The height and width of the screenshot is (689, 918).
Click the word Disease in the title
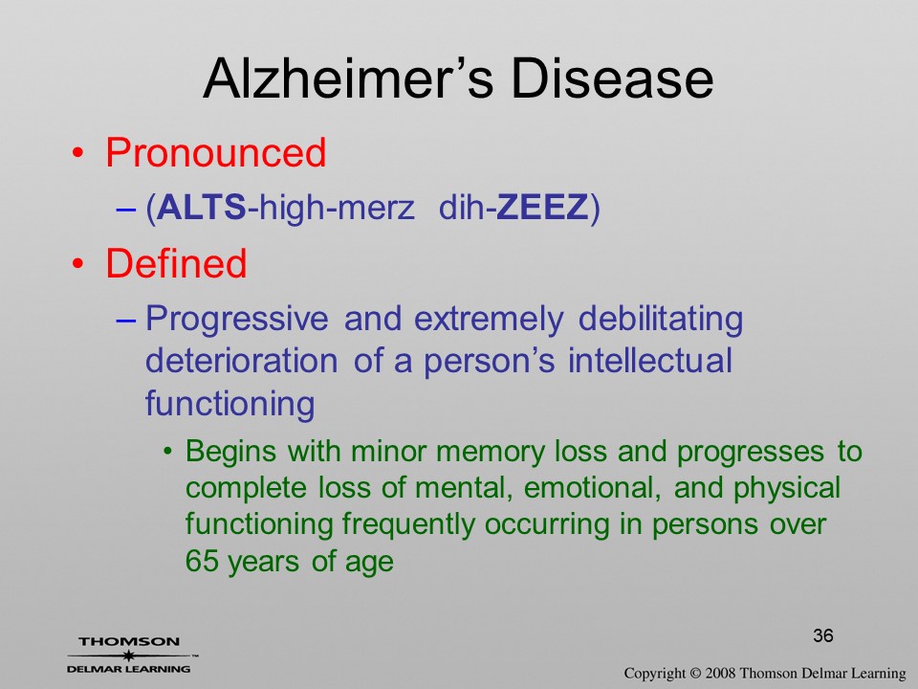point(612,78)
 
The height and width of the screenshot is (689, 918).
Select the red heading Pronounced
point(215,152)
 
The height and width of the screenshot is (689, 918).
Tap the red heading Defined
point(176,262)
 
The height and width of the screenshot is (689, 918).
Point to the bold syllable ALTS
point(202,207)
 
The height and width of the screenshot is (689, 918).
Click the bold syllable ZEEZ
point(542,207)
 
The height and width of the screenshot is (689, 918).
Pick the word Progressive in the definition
point(237,320)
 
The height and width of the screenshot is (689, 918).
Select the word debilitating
point(661,320)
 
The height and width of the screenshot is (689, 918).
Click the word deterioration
point(241,361)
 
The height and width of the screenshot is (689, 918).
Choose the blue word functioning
point(230,404)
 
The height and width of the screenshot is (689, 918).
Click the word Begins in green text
point(230,453)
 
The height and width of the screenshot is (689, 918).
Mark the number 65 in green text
point(202,561)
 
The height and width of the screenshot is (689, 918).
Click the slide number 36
point(823,635)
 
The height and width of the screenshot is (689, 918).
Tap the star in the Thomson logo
point(127,656)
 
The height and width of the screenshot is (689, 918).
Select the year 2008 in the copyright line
point(719,673)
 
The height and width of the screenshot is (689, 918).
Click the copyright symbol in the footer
point(695,673)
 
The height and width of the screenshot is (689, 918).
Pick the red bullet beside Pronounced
point(77,153)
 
